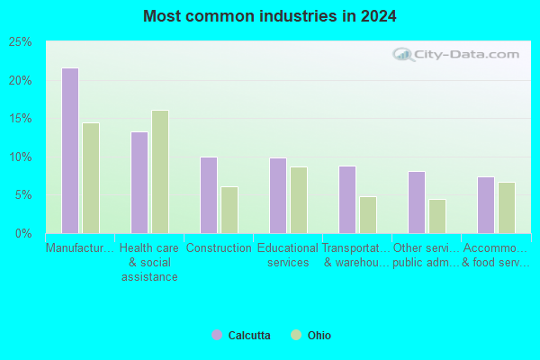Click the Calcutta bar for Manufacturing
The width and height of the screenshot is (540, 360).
point(70,150)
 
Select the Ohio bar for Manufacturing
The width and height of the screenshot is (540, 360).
point(91,178)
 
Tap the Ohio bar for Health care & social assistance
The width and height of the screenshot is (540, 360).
point(160,172)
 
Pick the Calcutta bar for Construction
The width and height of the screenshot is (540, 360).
point(209,195)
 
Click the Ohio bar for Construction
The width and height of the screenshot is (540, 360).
point(229,210)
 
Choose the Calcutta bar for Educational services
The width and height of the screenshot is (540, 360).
point(278,195)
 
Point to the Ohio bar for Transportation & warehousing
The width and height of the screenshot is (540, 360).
point(368,215)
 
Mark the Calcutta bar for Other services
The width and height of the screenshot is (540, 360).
point(417,202)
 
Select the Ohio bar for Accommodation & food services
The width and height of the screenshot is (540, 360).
point(507,208)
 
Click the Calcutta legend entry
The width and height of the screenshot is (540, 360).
point(241,335)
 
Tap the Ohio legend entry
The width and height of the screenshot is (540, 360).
point(310,335)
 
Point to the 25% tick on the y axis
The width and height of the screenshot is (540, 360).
point(21,42)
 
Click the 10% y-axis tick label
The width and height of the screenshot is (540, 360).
point(21,157)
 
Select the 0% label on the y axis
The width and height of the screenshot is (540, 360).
point(23,234)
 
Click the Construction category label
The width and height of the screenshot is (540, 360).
point(219,248)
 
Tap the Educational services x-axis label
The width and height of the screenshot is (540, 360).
point(288,256)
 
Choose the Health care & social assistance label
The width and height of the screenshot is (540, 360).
point(149,263)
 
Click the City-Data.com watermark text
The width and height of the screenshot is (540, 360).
point(466,54)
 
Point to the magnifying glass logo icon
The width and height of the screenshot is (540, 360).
point(403,54)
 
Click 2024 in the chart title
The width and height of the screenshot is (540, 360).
point(379,16)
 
